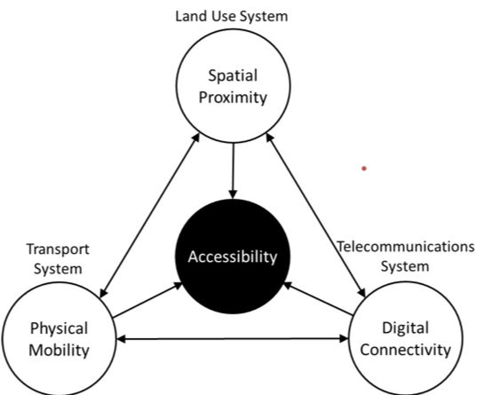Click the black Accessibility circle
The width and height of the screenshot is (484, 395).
[233, 257]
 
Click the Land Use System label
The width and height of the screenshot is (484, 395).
[232, 16]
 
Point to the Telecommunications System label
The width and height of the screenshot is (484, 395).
[405, 257]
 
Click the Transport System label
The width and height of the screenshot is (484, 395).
[58, 258]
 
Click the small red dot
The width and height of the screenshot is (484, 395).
[364, 169]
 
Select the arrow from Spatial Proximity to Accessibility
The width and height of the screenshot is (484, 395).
[233, 170]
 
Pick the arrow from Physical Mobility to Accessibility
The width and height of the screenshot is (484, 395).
[147, 300]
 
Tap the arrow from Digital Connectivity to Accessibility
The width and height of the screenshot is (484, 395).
[318, 299]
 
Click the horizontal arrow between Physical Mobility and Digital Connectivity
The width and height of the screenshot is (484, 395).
[233, 339]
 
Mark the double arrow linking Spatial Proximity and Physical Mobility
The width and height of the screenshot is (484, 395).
[150, 216]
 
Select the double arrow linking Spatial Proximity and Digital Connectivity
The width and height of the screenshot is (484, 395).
[316, 215]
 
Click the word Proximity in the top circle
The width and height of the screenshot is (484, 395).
[233, 99]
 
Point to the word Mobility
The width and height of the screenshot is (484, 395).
[59, 351]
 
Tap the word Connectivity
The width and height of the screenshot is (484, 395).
[406, 350]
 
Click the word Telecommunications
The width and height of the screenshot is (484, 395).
[405, 247]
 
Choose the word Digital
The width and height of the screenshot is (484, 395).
[406, 328]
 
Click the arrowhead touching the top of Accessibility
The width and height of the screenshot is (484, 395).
[233, 194]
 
